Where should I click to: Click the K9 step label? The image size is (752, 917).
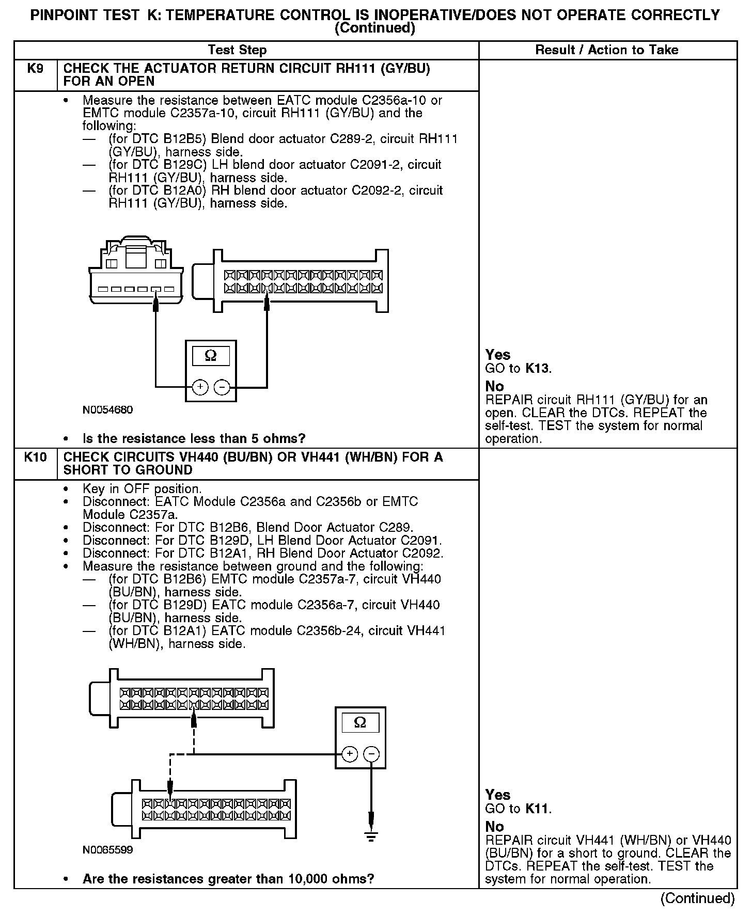coord(35,69)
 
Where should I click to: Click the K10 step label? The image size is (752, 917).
coord(35,457)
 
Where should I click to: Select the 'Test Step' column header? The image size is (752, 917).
coord(237,50)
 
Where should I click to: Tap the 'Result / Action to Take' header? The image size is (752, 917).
coord(606,50)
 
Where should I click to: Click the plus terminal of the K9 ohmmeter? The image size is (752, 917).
coord(200,387)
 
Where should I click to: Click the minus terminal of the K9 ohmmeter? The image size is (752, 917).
coord(222,387)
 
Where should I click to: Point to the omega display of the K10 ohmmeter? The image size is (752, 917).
coord(360,723)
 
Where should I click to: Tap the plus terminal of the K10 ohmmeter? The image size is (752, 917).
coord(350,754)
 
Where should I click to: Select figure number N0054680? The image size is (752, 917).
coord(107,410)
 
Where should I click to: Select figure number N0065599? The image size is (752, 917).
coord(107,850)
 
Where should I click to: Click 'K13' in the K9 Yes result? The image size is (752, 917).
coord(537,369)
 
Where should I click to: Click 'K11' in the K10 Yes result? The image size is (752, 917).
coord(537,809)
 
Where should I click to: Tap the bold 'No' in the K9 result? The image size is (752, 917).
coord(494,386)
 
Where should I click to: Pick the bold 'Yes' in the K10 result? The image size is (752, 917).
coord(497,795)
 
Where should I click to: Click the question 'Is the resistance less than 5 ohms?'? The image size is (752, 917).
coord(194,439)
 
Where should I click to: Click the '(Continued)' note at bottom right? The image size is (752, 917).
coord(697,898)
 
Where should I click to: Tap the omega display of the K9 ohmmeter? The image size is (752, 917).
coord(211,356)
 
